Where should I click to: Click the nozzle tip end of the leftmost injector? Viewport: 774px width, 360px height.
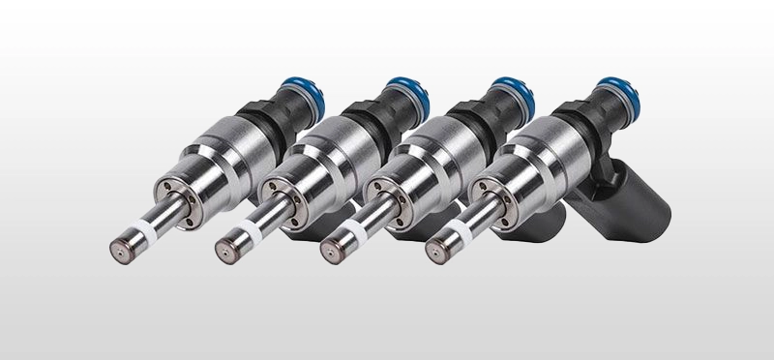pos(120,246)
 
